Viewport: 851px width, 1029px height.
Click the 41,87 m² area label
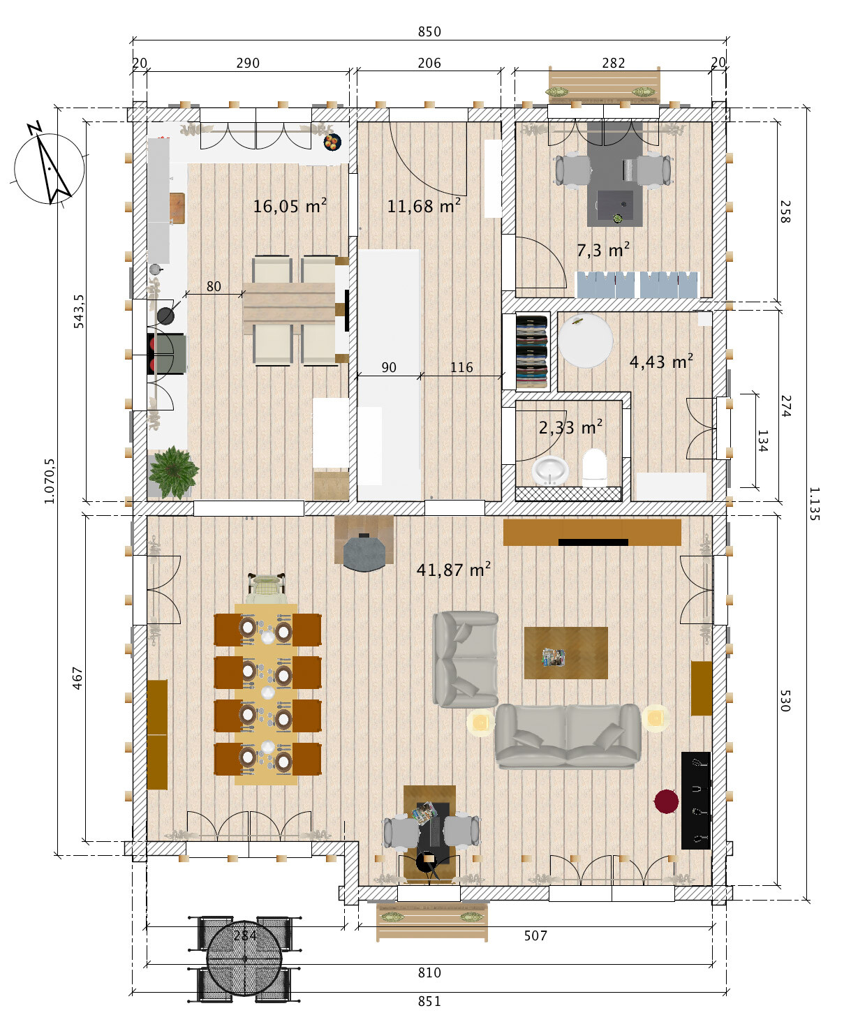pyautogui.click(x=453, y=569)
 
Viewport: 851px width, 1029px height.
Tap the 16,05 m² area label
pyautogui.click(x=290, y=205)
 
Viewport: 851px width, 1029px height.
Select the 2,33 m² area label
pyautogui.click(x=570, y=427)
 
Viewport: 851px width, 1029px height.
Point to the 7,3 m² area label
pyautogui.click(x=603, y=250)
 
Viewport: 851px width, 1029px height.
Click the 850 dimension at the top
pyautogui.click(x=429, y=32)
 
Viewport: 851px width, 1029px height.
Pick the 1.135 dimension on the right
pyautogui.click(x=814, y=503)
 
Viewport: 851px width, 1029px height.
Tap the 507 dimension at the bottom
pyautogui.click(x=535, y=935)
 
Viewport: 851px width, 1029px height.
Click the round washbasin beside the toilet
pyautogui.click(x=550, y=470)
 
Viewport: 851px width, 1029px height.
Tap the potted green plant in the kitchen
pyautogui.click(x=173, y=472)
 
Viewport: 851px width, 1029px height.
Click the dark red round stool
pyautogui.click(x=666, y=801)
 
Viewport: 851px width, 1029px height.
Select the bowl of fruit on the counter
pyautogui.click(x=332, y=142)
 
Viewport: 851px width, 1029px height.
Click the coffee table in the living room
pyautogui.click(x=565, y=653)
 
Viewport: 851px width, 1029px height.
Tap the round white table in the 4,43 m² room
pyautogui.click(x=586, y=340)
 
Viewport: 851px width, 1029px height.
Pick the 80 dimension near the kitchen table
pyautogui.click(x=214, y=286)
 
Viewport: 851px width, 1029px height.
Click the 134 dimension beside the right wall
pyautogui.click(x=762, y=441)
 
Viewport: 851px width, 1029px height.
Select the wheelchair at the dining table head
pyautogui.click(x=267, y=589)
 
